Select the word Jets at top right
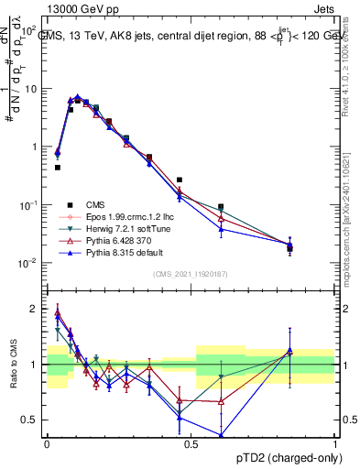pyautogui.click(x=323, y=8)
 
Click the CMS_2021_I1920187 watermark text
pyautogui.click(x=191, y=275)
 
